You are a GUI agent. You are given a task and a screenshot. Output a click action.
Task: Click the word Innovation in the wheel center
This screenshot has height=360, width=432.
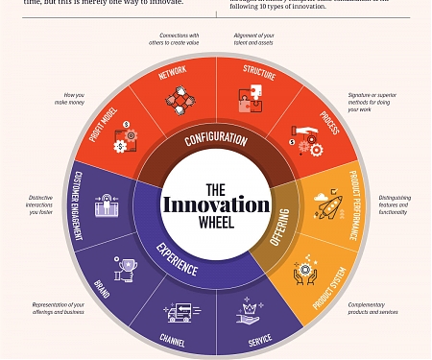coord(216,205)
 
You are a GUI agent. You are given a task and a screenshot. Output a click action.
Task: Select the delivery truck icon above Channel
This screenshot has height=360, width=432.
coord(182,311)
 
